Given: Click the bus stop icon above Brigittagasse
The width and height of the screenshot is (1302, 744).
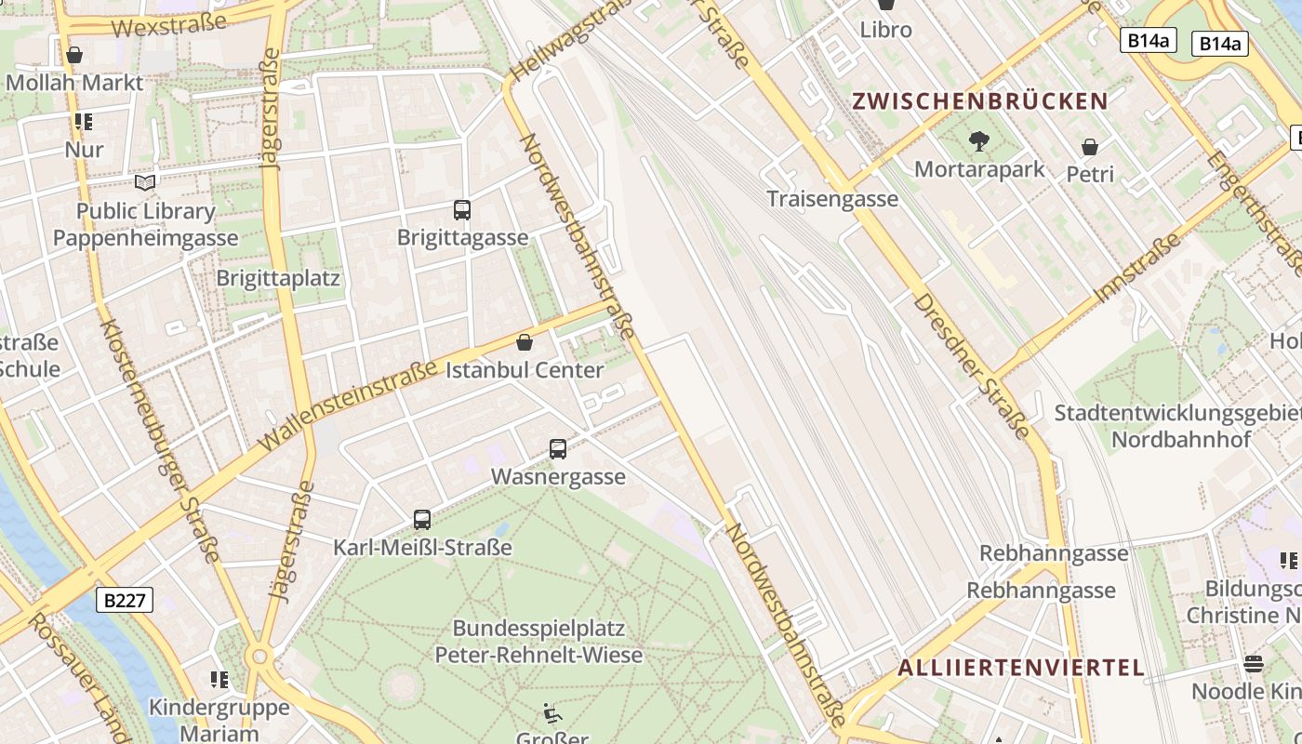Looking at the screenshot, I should (x=462, y=210).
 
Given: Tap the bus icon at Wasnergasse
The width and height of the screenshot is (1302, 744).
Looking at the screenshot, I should (x=558, y=449).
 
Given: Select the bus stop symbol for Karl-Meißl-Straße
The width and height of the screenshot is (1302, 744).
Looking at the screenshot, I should (x=422, y=520).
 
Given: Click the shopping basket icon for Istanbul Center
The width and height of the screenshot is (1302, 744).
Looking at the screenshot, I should (x=525, y=342).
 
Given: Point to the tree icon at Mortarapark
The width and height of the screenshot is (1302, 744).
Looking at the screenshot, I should (x=978, y=141).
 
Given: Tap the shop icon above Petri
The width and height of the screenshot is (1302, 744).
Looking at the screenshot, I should (x=1090, y=147).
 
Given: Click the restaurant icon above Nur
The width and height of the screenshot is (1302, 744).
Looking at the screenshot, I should (x=84, y=122).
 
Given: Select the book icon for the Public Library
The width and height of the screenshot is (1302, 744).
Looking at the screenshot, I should (x=146, y=182).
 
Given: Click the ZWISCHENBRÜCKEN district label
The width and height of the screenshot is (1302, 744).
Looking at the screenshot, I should (x=980, y=101).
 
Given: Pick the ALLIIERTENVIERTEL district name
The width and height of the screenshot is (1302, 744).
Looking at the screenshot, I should (x=1020, y=667).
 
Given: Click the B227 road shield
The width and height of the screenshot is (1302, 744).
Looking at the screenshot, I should (x=125, y=600).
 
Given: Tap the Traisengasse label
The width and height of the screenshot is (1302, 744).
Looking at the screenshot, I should (x=832, y=198).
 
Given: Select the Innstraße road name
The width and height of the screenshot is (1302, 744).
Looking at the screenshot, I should (x=1137, y=268).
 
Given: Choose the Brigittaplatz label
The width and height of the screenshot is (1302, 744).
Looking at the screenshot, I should (x=278, y=278).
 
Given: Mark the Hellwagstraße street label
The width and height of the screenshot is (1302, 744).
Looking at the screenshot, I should (x=566, y=41).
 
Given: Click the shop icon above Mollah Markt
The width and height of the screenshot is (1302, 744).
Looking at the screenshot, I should (x=74, y=55).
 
